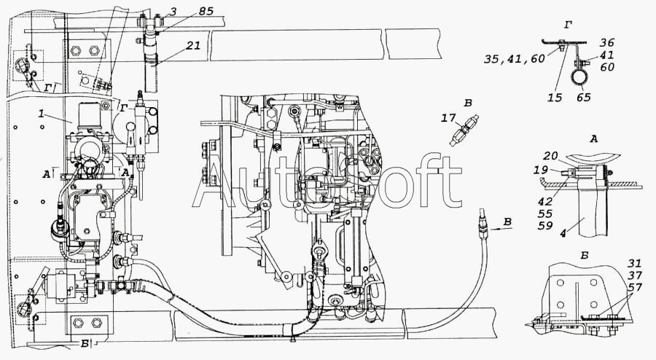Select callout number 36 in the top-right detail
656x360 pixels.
(608, 42)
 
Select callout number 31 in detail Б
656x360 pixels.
(634, 264)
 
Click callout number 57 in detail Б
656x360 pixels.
(634, 287)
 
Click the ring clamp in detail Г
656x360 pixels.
(580, 74)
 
